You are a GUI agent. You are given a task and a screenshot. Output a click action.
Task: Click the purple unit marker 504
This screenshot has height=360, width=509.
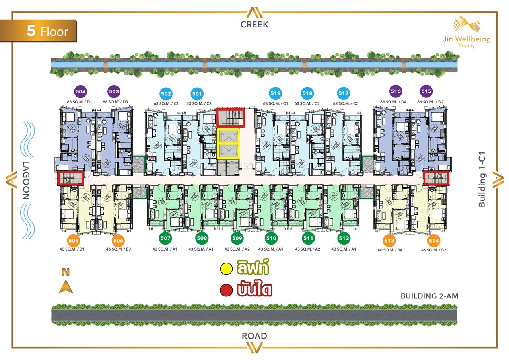[81, 91]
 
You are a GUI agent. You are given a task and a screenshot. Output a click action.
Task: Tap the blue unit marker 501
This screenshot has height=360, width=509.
[197, 93]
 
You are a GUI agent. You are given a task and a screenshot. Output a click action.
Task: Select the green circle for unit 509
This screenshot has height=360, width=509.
[237, 238]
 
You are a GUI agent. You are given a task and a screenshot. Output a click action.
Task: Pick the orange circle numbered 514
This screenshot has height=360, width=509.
[434, 241]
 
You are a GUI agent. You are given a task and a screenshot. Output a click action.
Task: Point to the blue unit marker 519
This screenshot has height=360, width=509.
[276, 93]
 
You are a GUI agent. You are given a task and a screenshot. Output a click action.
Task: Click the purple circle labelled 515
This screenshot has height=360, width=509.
[426, 91]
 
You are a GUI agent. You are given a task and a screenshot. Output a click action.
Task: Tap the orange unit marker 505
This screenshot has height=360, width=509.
[74, 241]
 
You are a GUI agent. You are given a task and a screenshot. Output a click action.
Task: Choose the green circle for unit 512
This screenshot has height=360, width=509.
[344, 238]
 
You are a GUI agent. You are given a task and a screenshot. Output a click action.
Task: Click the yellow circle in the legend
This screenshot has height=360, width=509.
[226, 269]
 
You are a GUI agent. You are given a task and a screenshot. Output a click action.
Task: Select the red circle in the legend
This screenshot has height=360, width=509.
[226, 290]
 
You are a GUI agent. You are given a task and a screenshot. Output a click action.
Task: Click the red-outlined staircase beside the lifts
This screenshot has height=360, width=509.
[230, 117]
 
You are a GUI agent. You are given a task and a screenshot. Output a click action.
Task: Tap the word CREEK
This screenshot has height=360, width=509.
[254, 25]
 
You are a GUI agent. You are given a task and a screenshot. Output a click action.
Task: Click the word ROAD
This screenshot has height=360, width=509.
[254, 336]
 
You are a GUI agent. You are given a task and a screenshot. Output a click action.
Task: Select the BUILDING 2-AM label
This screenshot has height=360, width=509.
[429, 296]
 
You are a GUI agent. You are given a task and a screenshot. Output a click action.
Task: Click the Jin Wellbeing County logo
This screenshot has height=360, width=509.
[467, 32]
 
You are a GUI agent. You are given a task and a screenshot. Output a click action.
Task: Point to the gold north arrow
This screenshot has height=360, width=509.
[66, 286]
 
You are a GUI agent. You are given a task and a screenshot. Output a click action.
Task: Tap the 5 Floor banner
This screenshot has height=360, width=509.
[39, 31]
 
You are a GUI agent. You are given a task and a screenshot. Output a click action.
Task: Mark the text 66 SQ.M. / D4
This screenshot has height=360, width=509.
[393, 102]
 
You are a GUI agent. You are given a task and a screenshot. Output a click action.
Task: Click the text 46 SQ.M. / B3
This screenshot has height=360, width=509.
[119, 249]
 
